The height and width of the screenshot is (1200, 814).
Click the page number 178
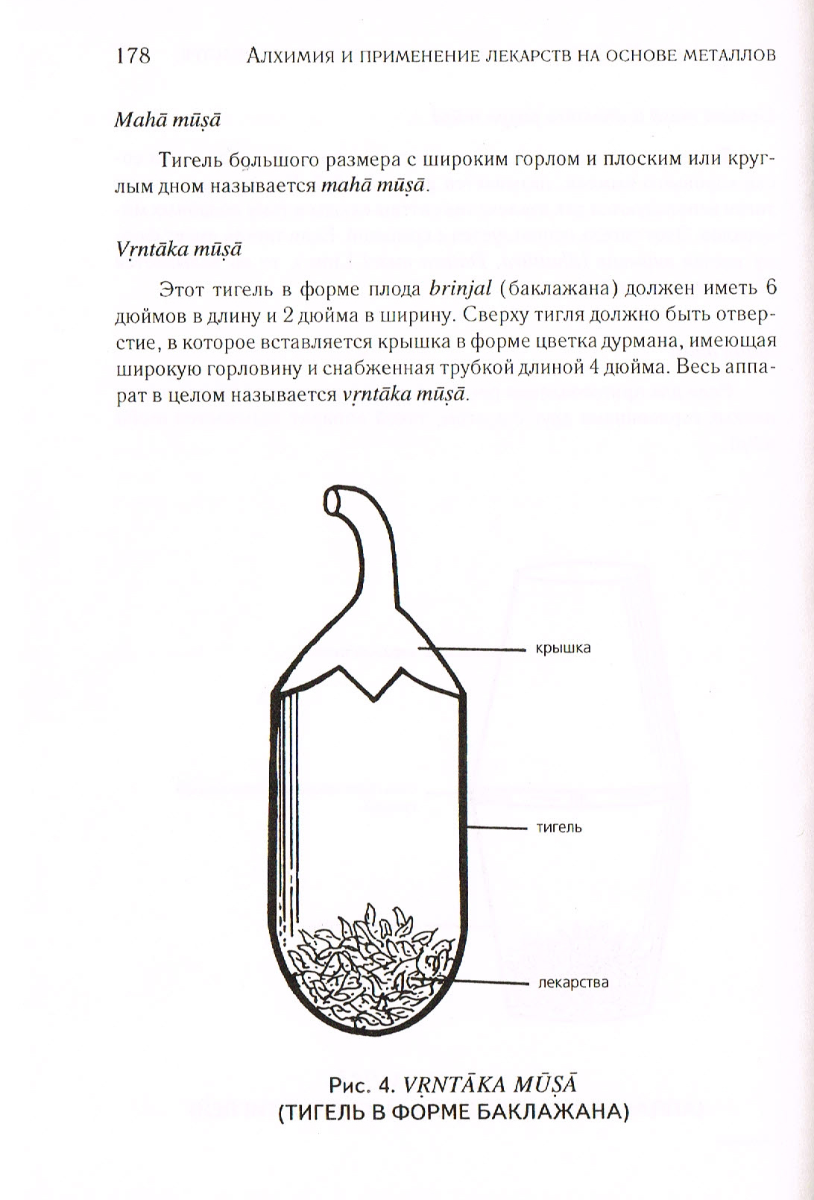click(133, 55)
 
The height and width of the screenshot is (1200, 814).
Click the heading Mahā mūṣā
click(167, 120)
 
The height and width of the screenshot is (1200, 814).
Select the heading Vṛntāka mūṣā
click(177, 249)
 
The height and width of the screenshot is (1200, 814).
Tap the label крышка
click(563, 648)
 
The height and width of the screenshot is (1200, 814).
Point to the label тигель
click(559, 828)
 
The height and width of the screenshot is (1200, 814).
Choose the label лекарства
click(572, 982)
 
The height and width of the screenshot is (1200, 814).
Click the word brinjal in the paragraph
click(456, 289)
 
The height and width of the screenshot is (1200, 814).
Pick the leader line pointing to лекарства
click(488, 982)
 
